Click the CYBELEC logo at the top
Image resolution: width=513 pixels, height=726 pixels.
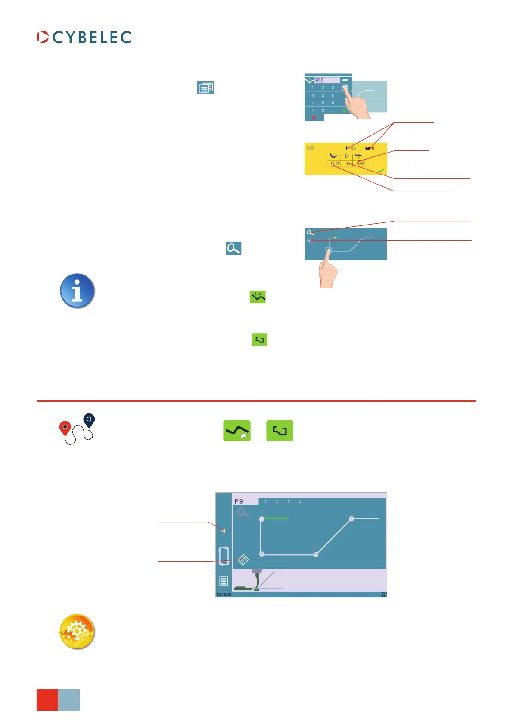click(x=84, y=37)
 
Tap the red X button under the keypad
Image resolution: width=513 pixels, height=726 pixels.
click(x=314, y=118)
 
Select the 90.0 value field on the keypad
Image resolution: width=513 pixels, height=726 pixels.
click(x=326, y=80)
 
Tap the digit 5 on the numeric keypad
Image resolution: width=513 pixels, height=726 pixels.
click(x=323, y=95)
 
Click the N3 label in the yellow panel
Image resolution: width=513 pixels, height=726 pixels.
click(x=310, y=148)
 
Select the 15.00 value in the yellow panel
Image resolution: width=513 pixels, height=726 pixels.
click(x=335, y=164)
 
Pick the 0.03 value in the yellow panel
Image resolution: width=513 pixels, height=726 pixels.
click(x=360, y=163)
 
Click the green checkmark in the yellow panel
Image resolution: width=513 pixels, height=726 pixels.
click(x=381, y=171)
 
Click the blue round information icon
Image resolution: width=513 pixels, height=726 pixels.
click(x=77, y=291)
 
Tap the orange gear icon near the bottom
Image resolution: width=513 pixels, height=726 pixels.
click(x=77, y=632)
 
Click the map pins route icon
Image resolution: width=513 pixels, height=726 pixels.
click(x=77, y=429)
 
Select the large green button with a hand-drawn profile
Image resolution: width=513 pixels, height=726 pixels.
click(x=237, y=431)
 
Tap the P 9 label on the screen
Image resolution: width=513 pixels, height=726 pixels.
click(x=239, y=501)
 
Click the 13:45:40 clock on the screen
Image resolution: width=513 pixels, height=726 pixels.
click(x=224, y=595)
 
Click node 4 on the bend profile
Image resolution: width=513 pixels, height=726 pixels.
click(x=351, y=519)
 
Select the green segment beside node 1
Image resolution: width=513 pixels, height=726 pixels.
click(x=276, y=518)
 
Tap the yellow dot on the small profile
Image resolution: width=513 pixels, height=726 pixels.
click(x=335, y=238)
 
